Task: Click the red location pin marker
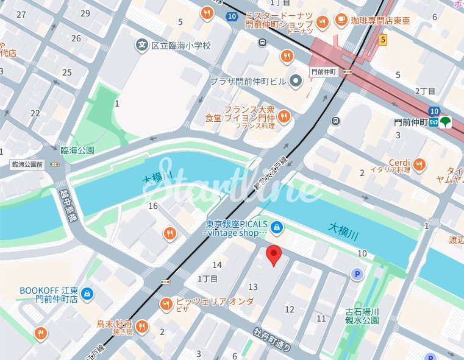tap(274, 255)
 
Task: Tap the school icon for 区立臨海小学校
tap(142, 45)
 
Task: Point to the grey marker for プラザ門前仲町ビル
tap(296, 80)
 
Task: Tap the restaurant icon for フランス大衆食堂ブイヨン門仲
tap(284, 116)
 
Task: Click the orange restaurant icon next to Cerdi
tap(419, 163)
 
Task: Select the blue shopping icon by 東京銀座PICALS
tap(277, 227)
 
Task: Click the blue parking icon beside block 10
tap(357, 275)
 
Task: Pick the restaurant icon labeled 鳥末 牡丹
tap(142, 327)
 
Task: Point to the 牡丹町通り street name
tap(273, 342)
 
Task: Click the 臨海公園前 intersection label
tap(27, 164)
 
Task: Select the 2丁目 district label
tap(425, 91)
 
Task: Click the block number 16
tap(153, 206)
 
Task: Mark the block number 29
tap(85, 13)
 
